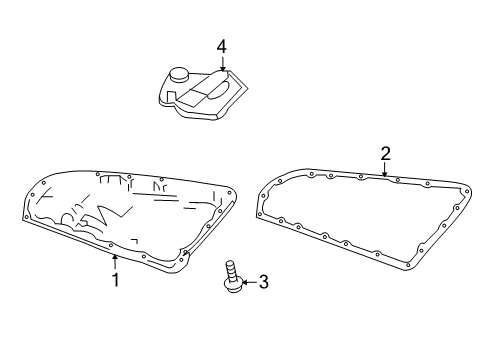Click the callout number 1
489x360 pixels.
pyautogui.click(x=115, y=280)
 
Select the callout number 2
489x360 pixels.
pyautogui.click(x=385, y=154)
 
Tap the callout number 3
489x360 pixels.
pyautogui.click(x=263, y=282)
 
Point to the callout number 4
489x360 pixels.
pyautogui.click(x=222, y=47)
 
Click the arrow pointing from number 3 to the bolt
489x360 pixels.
pyautogui.click(x=249, y=282)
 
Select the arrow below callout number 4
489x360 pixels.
pyautogui.click(x=222, y=64)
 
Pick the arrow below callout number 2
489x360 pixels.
pyautogui.click(x=385, y=169)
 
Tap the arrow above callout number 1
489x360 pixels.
pyautogui.click(x=115, y=262)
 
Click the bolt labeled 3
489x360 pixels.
pyautogui.click(x=233, y=277)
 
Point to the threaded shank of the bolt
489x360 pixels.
pyautogui.click(x=231, y=269)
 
